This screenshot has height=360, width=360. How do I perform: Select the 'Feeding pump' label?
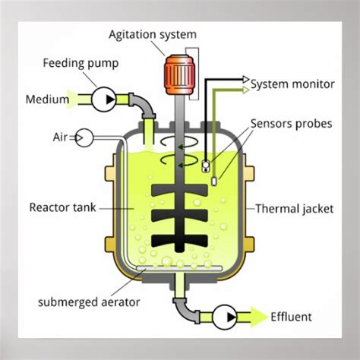pyautogui.click(x=81, y=63)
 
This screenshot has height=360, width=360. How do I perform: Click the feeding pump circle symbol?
pyautogui.click(x=104, y=98)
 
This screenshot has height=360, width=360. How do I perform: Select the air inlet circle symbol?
pyautogui.click(x=84, y=137)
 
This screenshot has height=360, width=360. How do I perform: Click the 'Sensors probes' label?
pyautogui.click(x=292, y=123)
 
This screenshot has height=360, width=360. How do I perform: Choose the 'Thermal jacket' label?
pyautogui.click(x=294, y=208)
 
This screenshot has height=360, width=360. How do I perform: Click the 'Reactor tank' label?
pyautogui.click(x=62, y=207)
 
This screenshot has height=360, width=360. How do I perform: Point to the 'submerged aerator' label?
pyautogui.click(x=81, y=302)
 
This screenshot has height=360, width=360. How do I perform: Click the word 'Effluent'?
pyautogui.click(x=291, y=317)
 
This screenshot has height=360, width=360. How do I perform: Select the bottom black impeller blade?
pyautogui.click(x=179, y=242)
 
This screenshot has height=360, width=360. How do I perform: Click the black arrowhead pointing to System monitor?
pyautogui.click(x=245, y=78)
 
